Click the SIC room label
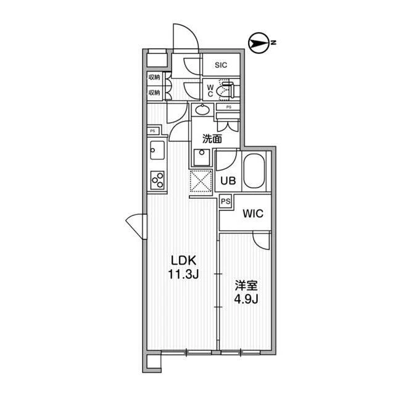pos(221,65)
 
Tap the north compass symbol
pos(258,43)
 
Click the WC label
pos(210,91)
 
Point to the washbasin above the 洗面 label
pos(202,110)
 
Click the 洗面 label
pos(212,139)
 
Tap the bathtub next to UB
pos(254,171)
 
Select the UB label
pos(228,181)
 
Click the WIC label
pos(253,214)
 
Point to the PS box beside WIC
pos(226,202)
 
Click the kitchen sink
pos(157,150)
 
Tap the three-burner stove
pos(157,180)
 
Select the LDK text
pos(183,260)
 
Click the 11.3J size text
pos(183,274)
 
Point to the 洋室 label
pos(246,286)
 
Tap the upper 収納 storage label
pos(154,77)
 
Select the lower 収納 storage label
pos(154,93)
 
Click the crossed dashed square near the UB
pos(201,181)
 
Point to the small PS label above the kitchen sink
pos(152,131)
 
